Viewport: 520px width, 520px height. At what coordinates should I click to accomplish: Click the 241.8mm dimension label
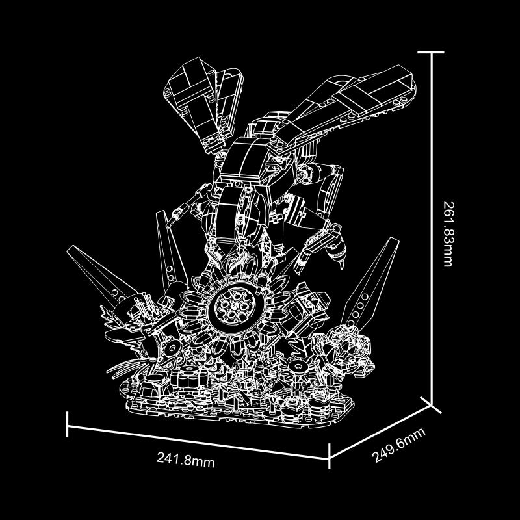coord(185,460)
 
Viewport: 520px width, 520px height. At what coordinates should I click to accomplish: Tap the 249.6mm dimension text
coord(398,445)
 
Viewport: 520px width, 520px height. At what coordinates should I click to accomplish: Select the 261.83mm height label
coord(448,234)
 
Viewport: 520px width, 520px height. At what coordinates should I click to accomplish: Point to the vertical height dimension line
coord(432,229)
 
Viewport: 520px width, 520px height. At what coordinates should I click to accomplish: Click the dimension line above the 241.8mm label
coord(198,442)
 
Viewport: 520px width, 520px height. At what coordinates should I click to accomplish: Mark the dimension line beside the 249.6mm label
coord(380,432)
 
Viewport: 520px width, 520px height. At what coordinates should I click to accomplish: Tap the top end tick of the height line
coord(431,52)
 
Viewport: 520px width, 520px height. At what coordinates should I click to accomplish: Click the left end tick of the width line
coord(68,424)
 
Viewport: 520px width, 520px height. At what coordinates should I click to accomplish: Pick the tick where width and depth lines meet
coord(329,456)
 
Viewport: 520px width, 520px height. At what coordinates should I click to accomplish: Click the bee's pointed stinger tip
coord(343,268)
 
